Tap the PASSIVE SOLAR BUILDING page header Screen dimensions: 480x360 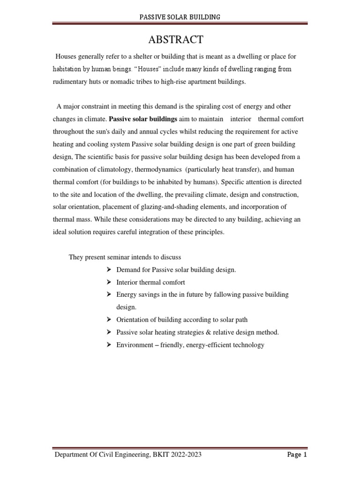tap(180, 17)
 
